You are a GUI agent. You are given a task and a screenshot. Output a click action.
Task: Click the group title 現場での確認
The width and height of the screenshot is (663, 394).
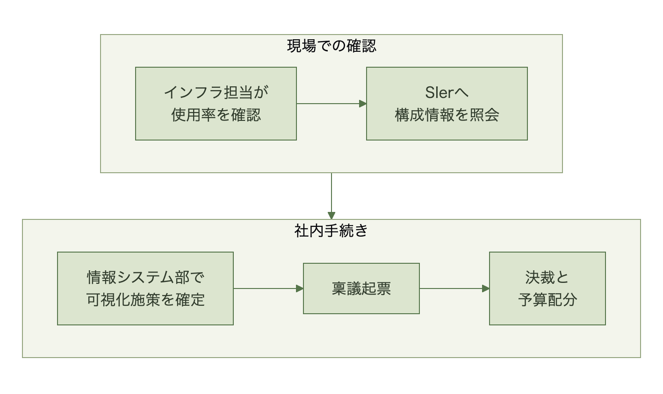pos(331,46)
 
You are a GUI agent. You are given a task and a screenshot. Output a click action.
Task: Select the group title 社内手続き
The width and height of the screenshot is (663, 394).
pos(331,231)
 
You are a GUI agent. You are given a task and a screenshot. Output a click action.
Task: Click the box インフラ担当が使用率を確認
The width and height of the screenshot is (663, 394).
pos(216,104)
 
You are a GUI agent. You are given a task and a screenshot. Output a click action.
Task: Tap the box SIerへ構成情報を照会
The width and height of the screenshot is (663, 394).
pos(447,104)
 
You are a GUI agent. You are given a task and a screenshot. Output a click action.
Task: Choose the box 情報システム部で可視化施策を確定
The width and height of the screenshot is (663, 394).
pos(145,288)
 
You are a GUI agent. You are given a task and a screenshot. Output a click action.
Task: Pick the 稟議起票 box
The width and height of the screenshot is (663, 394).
pos(361,288)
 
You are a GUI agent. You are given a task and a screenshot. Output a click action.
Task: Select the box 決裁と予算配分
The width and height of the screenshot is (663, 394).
pos(547,288)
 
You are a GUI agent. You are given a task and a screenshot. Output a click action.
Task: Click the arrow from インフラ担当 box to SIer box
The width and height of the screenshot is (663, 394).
pos(331,104)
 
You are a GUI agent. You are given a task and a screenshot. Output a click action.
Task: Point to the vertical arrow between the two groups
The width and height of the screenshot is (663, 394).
pos(331,196)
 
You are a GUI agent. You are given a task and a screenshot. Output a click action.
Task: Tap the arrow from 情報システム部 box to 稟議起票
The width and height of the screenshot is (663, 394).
pos(268,288)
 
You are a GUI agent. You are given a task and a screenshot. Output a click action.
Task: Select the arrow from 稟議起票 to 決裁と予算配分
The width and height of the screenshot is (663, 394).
pos(454,288)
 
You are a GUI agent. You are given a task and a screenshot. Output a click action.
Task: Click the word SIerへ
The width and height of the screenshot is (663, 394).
pos(447,92)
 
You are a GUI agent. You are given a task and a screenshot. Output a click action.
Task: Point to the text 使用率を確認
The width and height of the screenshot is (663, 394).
pos(216,115)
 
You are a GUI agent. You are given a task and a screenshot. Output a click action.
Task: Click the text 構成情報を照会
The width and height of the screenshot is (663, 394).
pos(447,115)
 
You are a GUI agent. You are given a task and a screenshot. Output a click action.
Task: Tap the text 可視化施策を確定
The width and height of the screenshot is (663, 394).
pos(145,300)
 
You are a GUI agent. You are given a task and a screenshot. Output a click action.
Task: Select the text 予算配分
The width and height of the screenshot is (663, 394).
pos(548,300)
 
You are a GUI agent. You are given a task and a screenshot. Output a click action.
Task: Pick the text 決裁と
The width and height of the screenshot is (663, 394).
pos(547,278)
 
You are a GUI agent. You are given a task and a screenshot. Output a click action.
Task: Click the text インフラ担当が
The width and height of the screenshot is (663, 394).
pos(216,92)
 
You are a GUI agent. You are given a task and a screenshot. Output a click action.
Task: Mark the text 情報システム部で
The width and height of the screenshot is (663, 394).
pos(145,278)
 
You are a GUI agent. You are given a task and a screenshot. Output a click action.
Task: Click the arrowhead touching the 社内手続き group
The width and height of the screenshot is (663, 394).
pos(331,216)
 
